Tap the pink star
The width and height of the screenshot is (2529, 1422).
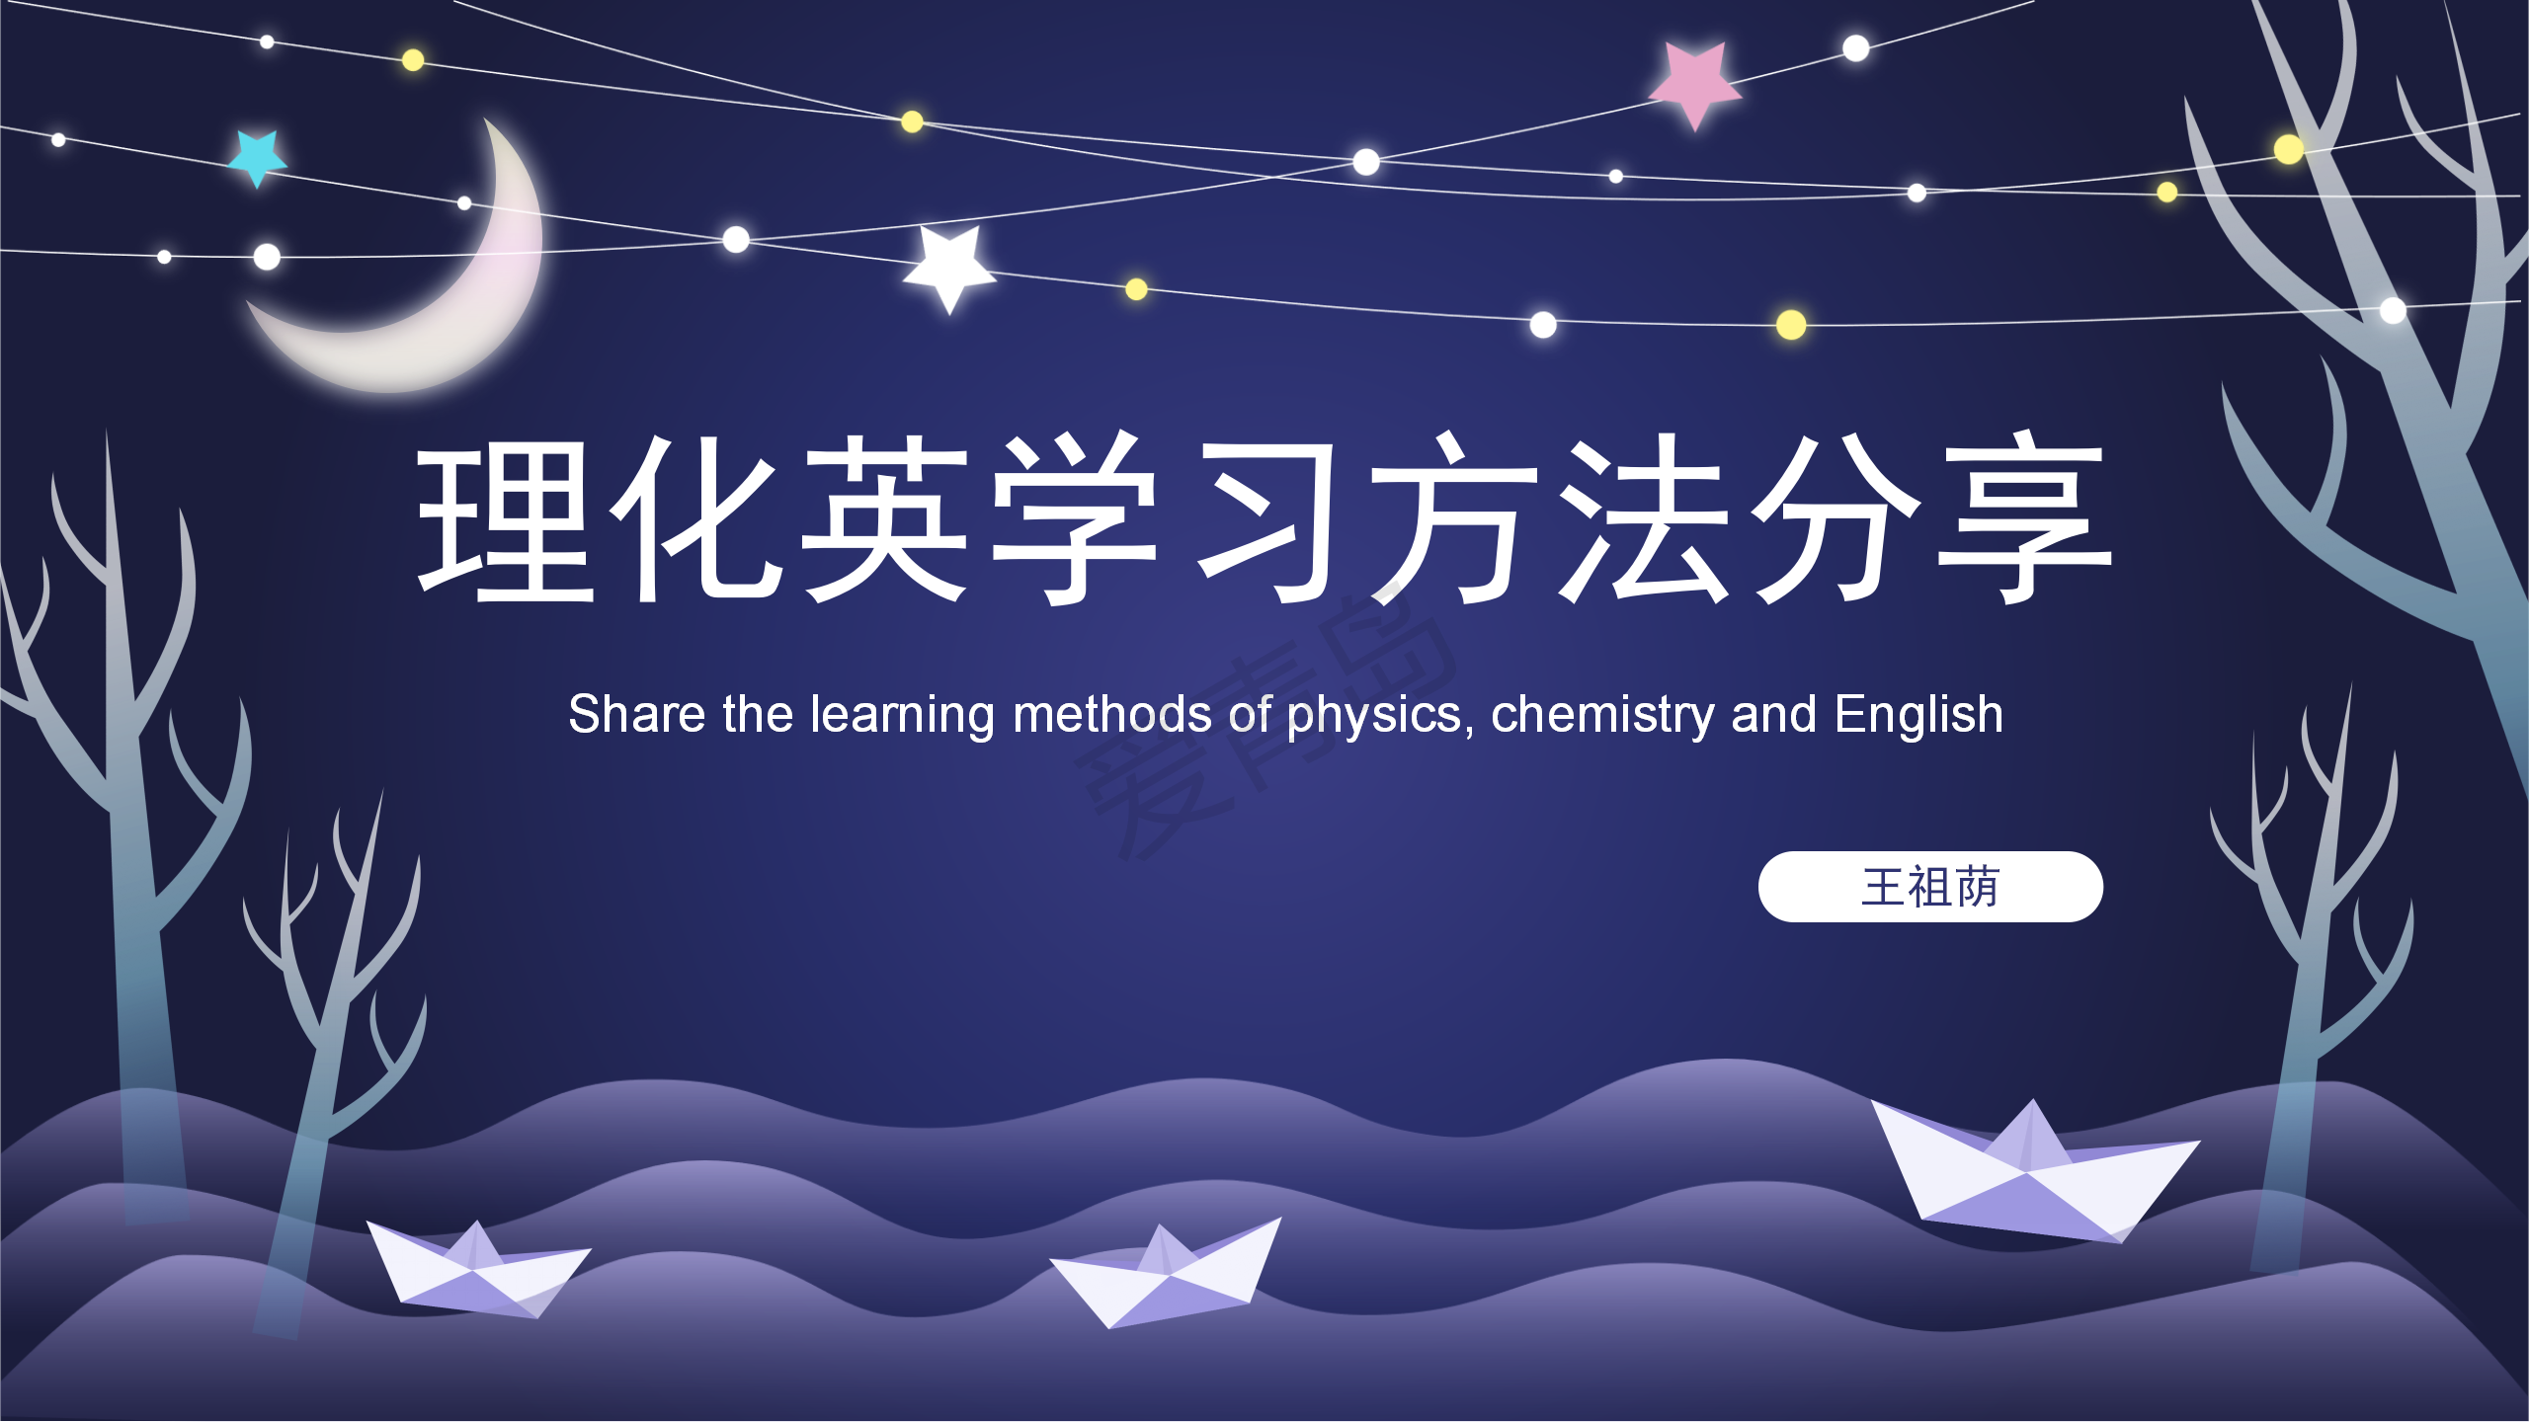pyautogui.click(x=1695, y=81)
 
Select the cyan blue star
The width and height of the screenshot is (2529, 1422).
pyautogui.click(x=258, y=156)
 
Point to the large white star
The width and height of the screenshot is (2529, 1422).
pyautogui.click(x=949, y=266)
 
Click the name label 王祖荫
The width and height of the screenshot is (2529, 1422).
pyautogui.click(x=1930, y=887)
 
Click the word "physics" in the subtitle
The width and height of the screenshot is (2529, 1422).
pyautogui.click(x=1373, y=715)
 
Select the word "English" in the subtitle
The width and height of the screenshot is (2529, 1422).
pyautogui.click(x=1918, y=715)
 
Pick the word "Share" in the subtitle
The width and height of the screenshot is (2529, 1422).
pyautogui.click(x=636, y=715)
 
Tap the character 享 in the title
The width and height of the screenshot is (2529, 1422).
pyautogui.click(x=2023, y=519)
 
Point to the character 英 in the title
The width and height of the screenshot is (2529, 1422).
pyautogui.click(x=885, y=519)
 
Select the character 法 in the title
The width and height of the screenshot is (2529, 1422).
pyautogui.click(x=1644, y=519)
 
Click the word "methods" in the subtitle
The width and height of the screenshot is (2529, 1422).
pyautogui.click(x=1112, y=715)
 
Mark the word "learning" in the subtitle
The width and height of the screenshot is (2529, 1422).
pyautogui.click(x=901, y=715)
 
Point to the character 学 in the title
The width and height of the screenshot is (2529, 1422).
pyautogui.click(x=1075, y=519)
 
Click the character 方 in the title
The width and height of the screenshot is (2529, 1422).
pyautogui.click(x=1452, y=519)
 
